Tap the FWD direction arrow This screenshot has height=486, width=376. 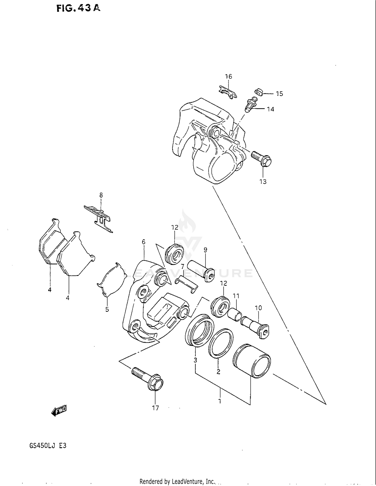pyautogui.click(x=59, y=411)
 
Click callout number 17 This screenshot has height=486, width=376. pyautogui.click(x=155, y=408)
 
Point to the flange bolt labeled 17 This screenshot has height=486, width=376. pyautogui.click(x=148, y=380)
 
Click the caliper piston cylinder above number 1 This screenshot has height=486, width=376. pyautogui.click(x=252, y=361)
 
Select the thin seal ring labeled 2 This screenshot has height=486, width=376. pyautogui.click(x=221, y=343)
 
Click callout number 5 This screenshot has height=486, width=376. pyautogui.click(x=107, y=309)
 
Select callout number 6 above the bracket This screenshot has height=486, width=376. pyautogui.click(x=143, y=242)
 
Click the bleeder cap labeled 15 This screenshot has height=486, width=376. pyautogui.click(x=258, y=92)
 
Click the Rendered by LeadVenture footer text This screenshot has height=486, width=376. pyautogui.click(x=177, y=481)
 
